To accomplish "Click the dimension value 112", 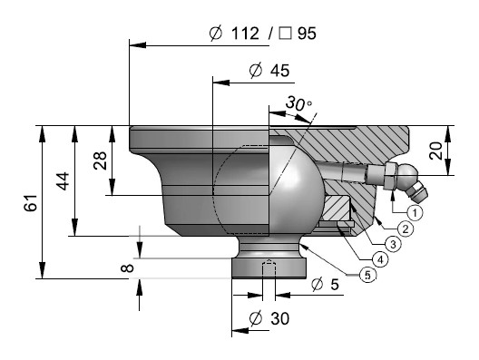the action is click(x=245, y=34).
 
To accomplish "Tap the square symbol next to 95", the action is click(x=285, y=34).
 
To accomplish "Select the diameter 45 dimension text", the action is click(x=269, y=71).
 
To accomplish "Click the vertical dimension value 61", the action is click(x=30, y=202).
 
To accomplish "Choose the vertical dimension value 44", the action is click(x=64, y=181).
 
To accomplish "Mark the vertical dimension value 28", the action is click(x=100, y=161).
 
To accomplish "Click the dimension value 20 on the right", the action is click(x=435, y=151).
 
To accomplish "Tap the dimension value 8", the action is click(x=127, y=268).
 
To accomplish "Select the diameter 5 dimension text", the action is click(x=325, y=284).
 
